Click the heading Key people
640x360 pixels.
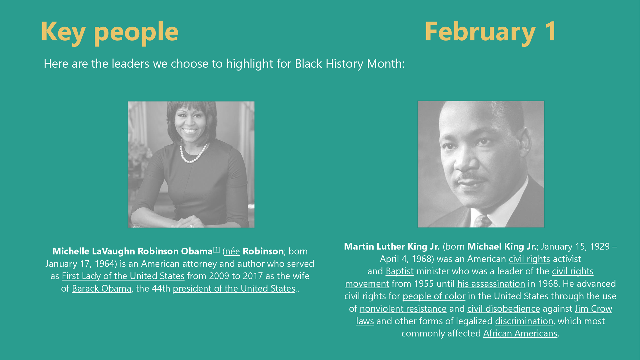(110, 32)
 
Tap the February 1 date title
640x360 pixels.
(491, 32)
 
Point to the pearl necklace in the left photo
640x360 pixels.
(193, 154)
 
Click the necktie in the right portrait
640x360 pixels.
(483, 221)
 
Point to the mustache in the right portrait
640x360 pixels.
(471, 177)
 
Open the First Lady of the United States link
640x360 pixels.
(123, 276)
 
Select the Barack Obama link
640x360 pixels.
(102, 288)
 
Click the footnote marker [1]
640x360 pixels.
(217, 249)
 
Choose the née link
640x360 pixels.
(232, 251)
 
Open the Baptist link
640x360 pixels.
(400, 271)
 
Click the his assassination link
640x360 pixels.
(491, 284)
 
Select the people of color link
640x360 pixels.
(434, 296)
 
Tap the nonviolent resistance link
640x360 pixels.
(403, 309)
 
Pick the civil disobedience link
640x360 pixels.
(503, 309)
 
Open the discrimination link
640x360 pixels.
(524, 321)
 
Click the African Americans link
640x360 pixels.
(520, 333)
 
